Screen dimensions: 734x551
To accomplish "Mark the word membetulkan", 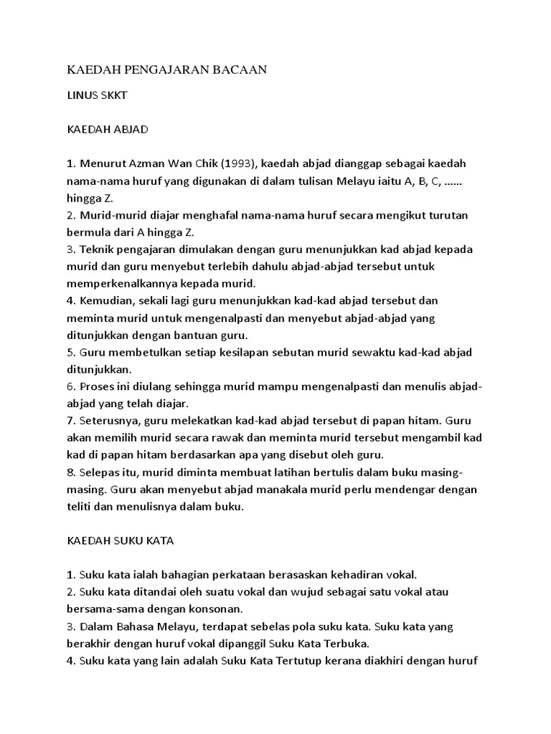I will coord(135,353).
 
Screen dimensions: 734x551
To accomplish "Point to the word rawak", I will coord(243,438).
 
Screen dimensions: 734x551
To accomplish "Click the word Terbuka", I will coord(344,644).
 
